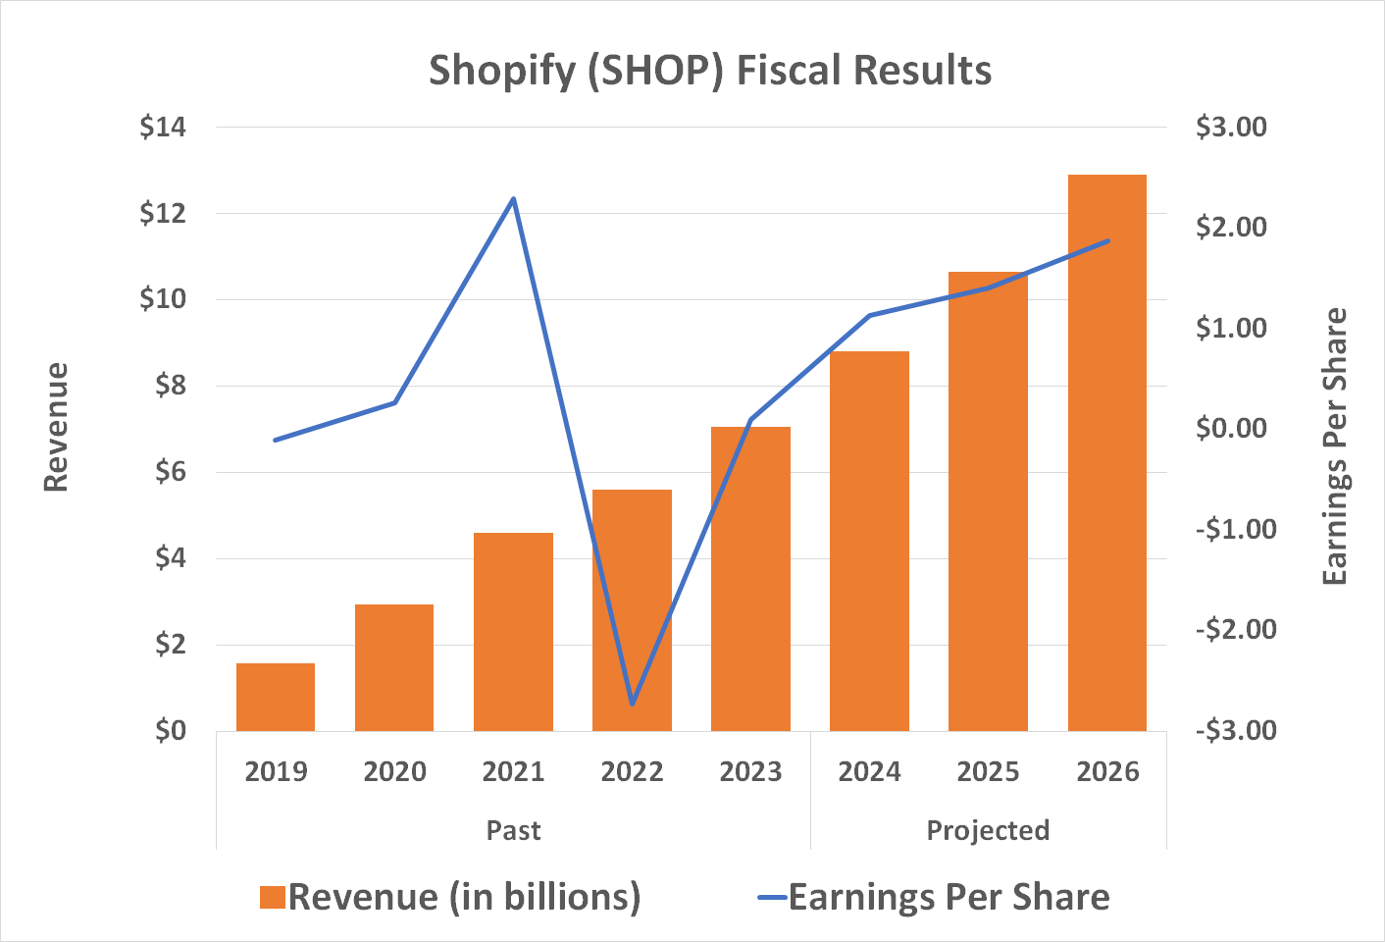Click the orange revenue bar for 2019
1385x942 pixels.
pos(276,698)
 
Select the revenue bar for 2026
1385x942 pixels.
pos(1106,451)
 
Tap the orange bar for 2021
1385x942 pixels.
pos(513,632)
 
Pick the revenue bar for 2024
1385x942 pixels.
pos(869,540)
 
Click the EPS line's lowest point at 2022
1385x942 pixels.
pos(633,704)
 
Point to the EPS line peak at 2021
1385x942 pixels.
pos(513,199)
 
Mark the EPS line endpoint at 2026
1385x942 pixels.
pos(1107,240)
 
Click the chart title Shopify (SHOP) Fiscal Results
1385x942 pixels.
pos(710,71)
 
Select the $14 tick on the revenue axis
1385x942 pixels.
pos(163,127)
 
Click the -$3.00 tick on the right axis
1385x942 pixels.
pos(1236,730)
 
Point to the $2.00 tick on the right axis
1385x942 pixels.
pos(1231,227)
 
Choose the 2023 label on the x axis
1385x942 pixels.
pos(750,772)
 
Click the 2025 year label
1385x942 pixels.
pos(988,772)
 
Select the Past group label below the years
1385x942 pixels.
pos(513,830)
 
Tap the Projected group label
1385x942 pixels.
pos(988,830)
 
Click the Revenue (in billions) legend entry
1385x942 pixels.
pos(451,897)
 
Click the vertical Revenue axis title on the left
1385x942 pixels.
pos(56,428)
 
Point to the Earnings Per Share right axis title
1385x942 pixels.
pos(1334,446)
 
